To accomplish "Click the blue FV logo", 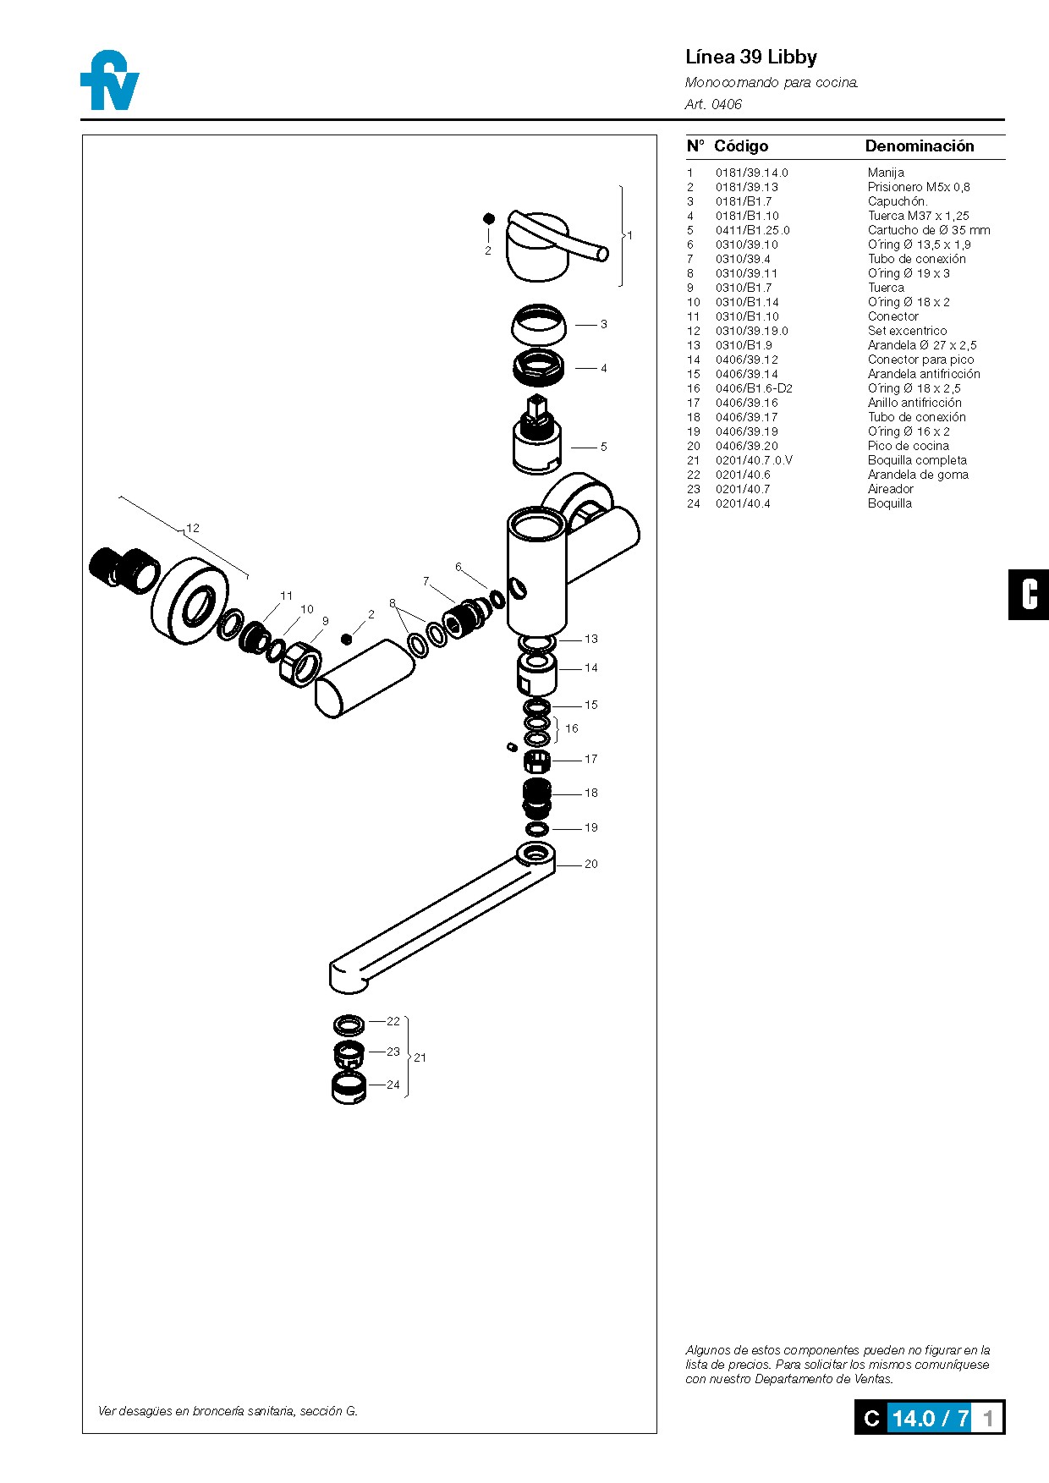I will pos(110,82).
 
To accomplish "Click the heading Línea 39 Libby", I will pos(750,58).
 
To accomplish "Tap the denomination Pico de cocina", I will pos(908,446).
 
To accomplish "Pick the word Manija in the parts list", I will pos(885,173).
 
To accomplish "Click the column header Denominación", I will pos(919,146).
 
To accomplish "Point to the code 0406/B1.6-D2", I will pos(754,388).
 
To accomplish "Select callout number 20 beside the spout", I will pos(590,864).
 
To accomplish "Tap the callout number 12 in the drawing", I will pos(193,528).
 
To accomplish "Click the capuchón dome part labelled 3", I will pos(539,325).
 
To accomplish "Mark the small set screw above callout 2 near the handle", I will pos(488,218).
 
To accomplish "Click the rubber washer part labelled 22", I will pos(349,1025).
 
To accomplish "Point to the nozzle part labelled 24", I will pos(349,1088).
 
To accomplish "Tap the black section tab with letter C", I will pos(1028,595).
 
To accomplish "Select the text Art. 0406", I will pos(713,104).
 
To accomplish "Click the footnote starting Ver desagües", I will pos(228,1410).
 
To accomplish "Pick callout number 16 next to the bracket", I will pos(572,728).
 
